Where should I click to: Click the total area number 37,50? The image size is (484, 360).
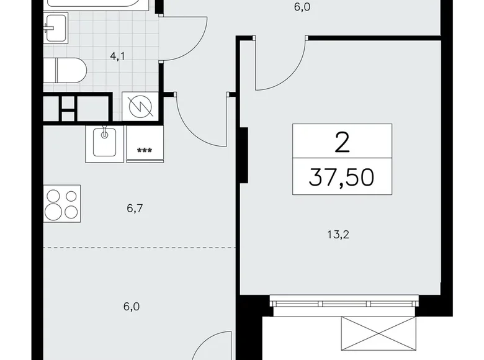pyautogui.click(x=341, y=178)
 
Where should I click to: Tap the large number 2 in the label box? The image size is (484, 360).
pyautogui.click(x=342, y=142)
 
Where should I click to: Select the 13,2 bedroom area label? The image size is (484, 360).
pyautogui.click(x=338, y=235)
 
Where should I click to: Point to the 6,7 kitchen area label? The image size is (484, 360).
pyautogui.click(x=135, y=209)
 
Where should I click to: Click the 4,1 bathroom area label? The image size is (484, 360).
pyautogui.click(x=118, y=56)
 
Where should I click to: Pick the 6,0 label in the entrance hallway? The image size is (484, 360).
pyautogui.click(x=302, y=7)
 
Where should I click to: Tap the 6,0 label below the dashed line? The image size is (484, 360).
pyautogui.click(x=132, y=307)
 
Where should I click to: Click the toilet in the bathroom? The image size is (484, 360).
pyautogui.click(x=65, y=70)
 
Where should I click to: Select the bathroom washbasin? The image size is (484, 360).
pyautogui.click(x=56, y=28)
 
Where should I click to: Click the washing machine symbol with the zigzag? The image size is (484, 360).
pyautogui.click(x=140, y=107)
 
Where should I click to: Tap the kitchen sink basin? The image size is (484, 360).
pyautogui.click(x=104, y=143)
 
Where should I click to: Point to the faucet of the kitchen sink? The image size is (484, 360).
pyautogui.click(x=105, y=132)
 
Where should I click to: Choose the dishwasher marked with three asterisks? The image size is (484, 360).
pyautogui.click(x=145, y=144)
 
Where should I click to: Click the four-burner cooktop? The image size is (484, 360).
pyautogui.click(x=62, y=204)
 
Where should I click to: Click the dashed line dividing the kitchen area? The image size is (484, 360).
pyautogui.click(x=140, y=248)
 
